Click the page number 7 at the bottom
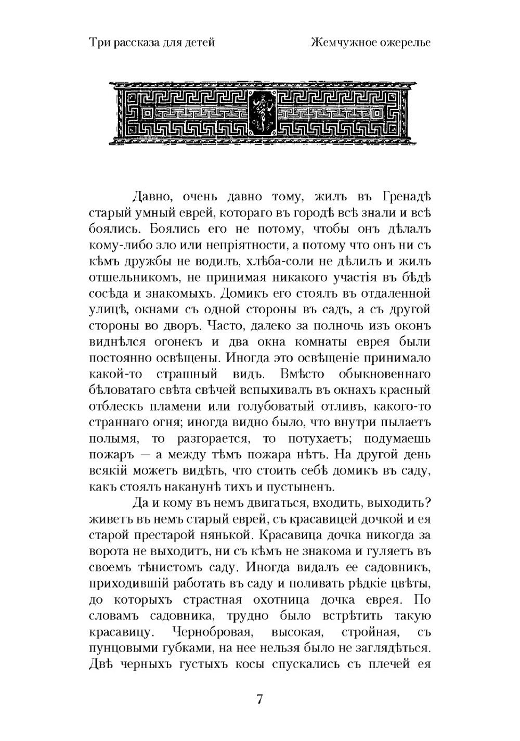tap(260, 699)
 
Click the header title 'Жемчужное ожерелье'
tap(371, 43)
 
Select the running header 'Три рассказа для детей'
tap(152, 43)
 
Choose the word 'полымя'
tap(110, 439)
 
